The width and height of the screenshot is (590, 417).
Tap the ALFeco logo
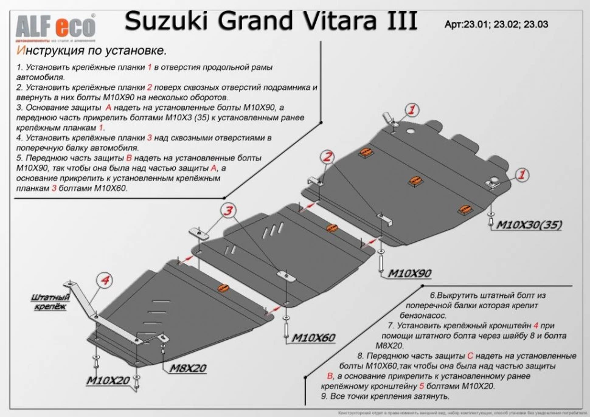click(55, 25)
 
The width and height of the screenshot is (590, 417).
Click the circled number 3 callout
click(227, 211)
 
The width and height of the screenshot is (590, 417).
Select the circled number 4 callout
click(105, 280)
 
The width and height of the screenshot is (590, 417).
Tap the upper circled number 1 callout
click(411, 109)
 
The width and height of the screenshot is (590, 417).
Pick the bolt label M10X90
click(410, 274)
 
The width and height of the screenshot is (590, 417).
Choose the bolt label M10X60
click(314, 338)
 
